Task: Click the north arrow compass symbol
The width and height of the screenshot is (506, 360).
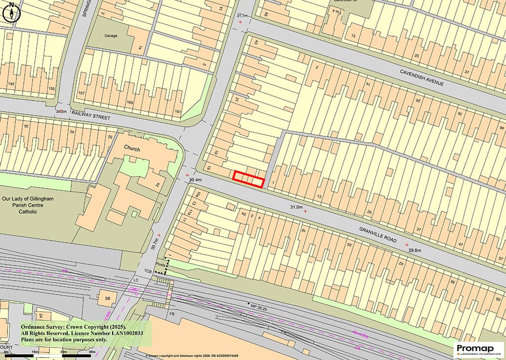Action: [x=11, y=13]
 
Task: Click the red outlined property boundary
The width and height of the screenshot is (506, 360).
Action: [x=249, y=179]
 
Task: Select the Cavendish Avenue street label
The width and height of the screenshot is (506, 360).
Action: [x=421, y=77]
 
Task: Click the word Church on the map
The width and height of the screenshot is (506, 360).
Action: [x=132, y=149]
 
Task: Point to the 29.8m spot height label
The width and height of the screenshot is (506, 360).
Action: [x=414, y=251]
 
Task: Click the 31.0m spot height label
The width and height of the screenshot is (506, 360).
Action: [x=296, y=207]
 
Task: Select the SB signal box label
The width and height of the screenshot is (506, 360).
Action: [x=107, y=298]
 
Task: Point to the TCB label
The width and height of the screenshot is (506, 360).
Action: [x=148, y=271]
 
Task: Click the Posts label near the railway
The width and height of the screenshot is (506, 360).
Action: [x=159, y=264]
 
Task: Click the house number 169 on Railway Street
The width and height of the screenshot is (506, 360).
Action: [x=130, y=103]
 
